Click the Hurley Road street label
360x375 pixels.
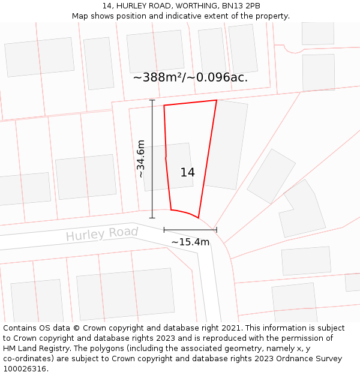coord(101,234)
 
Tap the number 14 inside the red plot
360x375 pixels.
coord(187,173)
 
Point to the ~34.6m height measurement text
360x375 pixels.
coord(141,159)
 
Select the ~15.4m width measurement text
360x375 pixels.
coord(190,242)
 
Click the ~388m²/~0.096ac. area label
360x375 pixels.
coord(190,77)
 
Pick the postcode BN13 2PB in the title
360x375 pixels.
coord(244,6)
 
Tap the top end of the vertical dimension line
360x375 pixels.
coord(152,100)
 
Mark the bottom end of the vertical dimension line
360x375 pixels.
coord(152,218)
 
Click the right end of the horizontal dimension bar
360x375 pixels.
coord(217,230)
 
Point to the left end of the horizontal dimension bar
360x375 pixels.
coord(164,230)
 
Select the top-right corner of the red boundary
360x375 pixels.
coord(217,100)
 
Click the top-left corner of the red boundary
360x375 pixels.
coord(164,106)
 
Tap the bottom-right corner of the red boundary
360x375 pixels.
coord(199,217)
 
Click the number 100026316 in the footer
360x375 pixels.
coord(25,369)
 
